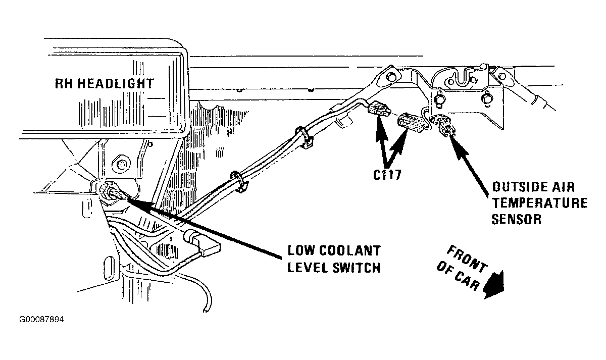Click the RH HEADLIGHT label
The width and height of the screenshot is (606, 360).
point(105,84)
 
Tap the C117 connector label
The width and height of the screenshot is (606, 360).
point(387,175)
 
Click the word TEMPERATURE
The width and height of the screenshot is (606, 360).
point(540,203)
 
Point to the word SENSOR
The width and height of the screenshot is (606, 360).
point(517,219)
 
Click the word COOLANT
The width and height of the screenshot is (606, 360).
point(350,251)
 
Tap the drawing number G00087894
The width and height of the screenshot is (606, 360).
point(41,320)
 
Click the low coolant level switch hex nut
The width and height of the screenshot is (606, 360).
point(108,190)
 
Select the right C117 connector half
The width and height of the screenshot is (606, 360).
point(411,123)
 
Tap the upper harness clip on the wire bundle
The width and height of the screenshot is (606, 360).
point(304,137)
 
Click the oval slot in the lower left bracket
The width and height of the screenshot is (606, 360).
point(108,269)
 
